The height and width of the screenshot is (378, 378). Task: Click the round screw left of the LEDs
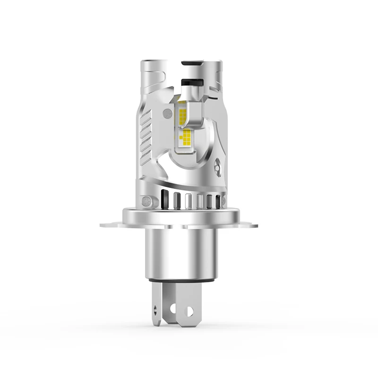click(167, 113)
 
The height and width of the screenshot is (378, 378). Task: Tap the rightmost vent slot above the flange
click(218, 200)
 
